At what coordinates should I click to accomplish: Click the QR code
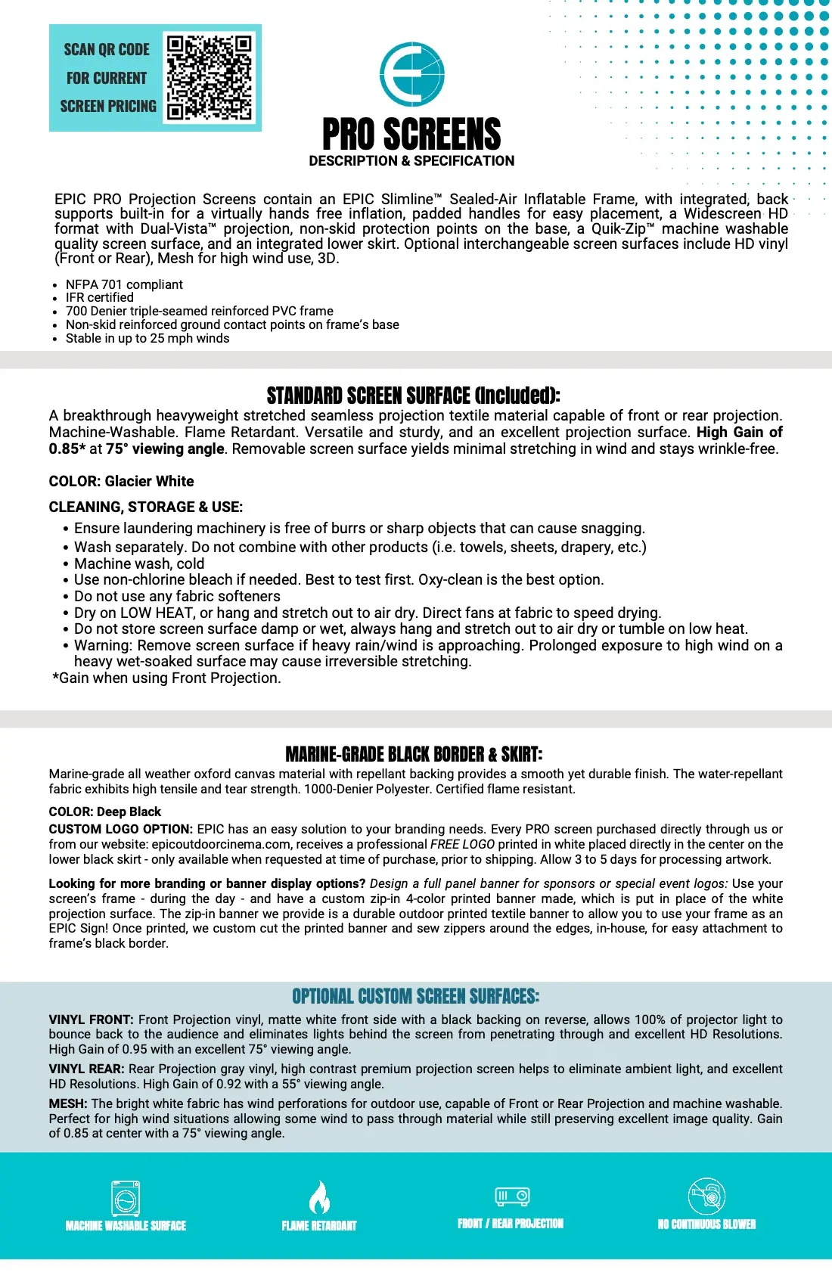tap(210, 78)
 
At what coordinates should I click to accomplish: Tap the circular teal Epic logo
tap(412, 74)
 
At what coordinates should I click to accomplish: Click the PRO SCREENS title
tap(411, 135)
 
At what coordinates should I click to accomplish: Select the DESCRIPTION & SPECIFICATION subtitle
tap(411, 161)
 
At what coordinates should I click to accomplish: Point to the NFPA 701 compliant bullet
tap(124, 284)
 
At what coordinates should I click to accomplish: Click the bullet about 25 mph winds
tap(147, 338)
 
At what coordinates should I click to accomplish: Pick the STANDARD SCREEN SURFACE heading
tap(413, 396)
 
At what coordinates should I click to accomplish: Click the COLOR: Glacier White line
tap(121, 481)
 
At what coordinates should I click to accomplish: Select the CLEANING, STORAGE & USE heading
tap(146, 507)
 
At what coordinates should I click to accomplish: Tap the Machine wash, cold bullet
tap(139, 563)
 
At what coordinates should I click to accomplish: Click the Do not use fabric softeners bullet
tap(177, 596)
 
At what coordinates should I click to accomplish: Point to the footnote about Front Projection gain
tap(166, 678)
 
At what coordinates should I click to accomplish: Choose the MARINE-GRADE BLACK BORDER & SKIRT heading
tap(414, 754)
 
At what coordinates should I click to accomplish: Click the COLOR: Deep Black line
tap(105, 812)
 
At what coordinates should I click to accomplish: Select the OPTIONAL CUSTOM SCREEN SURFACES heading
tap(415, 996)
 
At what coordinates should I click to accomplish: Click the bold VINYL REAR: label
tap(87, 1069)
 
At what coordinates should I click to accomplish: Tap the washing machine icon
tap(126, 1199)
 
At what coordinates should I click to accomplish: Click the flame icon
tap(319, 1197)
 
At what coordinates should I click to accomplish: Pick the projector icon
tap(512, 1196)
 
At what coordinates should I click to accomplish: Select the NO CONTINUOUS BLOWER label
tap(706, 1224)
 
